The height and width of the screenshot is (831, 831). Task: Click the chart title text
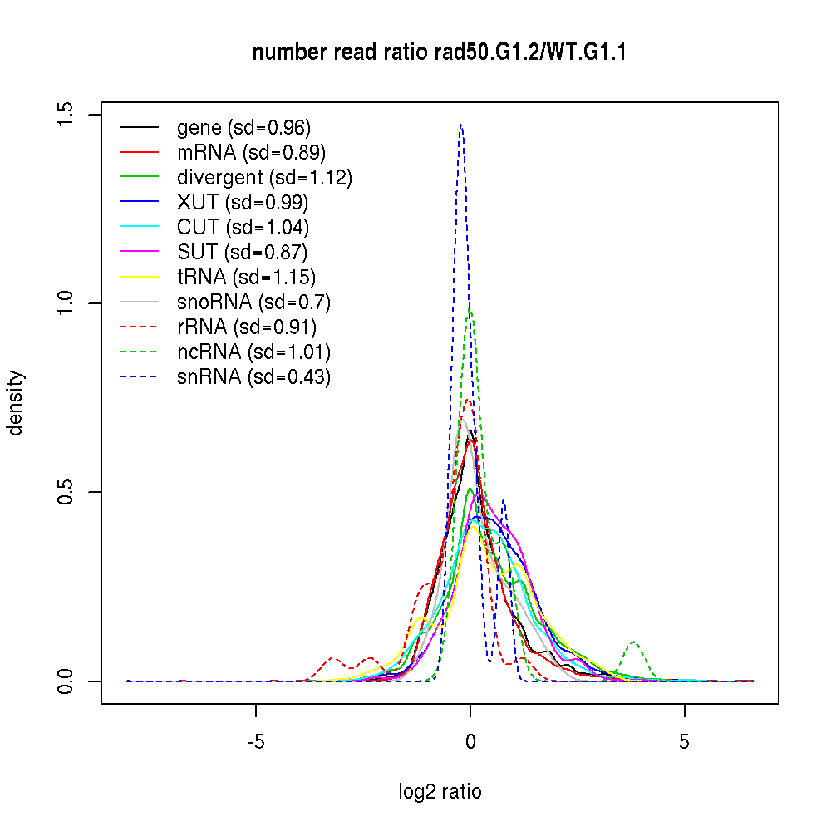pyautogui.click(x=439, y=53)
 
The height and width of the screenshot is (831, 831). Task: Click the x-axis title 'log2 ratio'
pyautogui.click(x=440, y=792)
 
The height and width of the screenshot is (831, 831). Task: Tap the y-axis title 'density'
pyautogui.click(x=16, y=402)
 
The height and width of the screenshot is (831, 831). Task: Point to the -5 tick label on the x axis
pyautogui.click(x=255, y=743)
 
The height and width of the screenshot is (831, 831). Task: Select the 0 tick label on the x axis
pyautogui.click(x=470, y=743)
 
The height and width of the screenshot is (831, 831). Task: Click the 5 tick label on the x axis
pyautogui.click(x=684, y=743)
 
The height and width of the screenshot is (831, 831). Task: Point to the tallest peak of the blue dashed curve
pyautogui.click(x=460, y=125)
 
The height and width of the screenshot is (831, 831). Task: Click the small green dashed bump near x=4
pyautogui.click(x=634, y=642)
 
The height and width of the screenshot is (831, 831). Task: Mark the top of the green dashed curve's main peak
pyautogui.click(x=470, y=312)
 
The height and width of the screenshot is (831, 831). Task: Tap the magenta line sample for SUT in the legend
pyautogui.click(x=140, y=253)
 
